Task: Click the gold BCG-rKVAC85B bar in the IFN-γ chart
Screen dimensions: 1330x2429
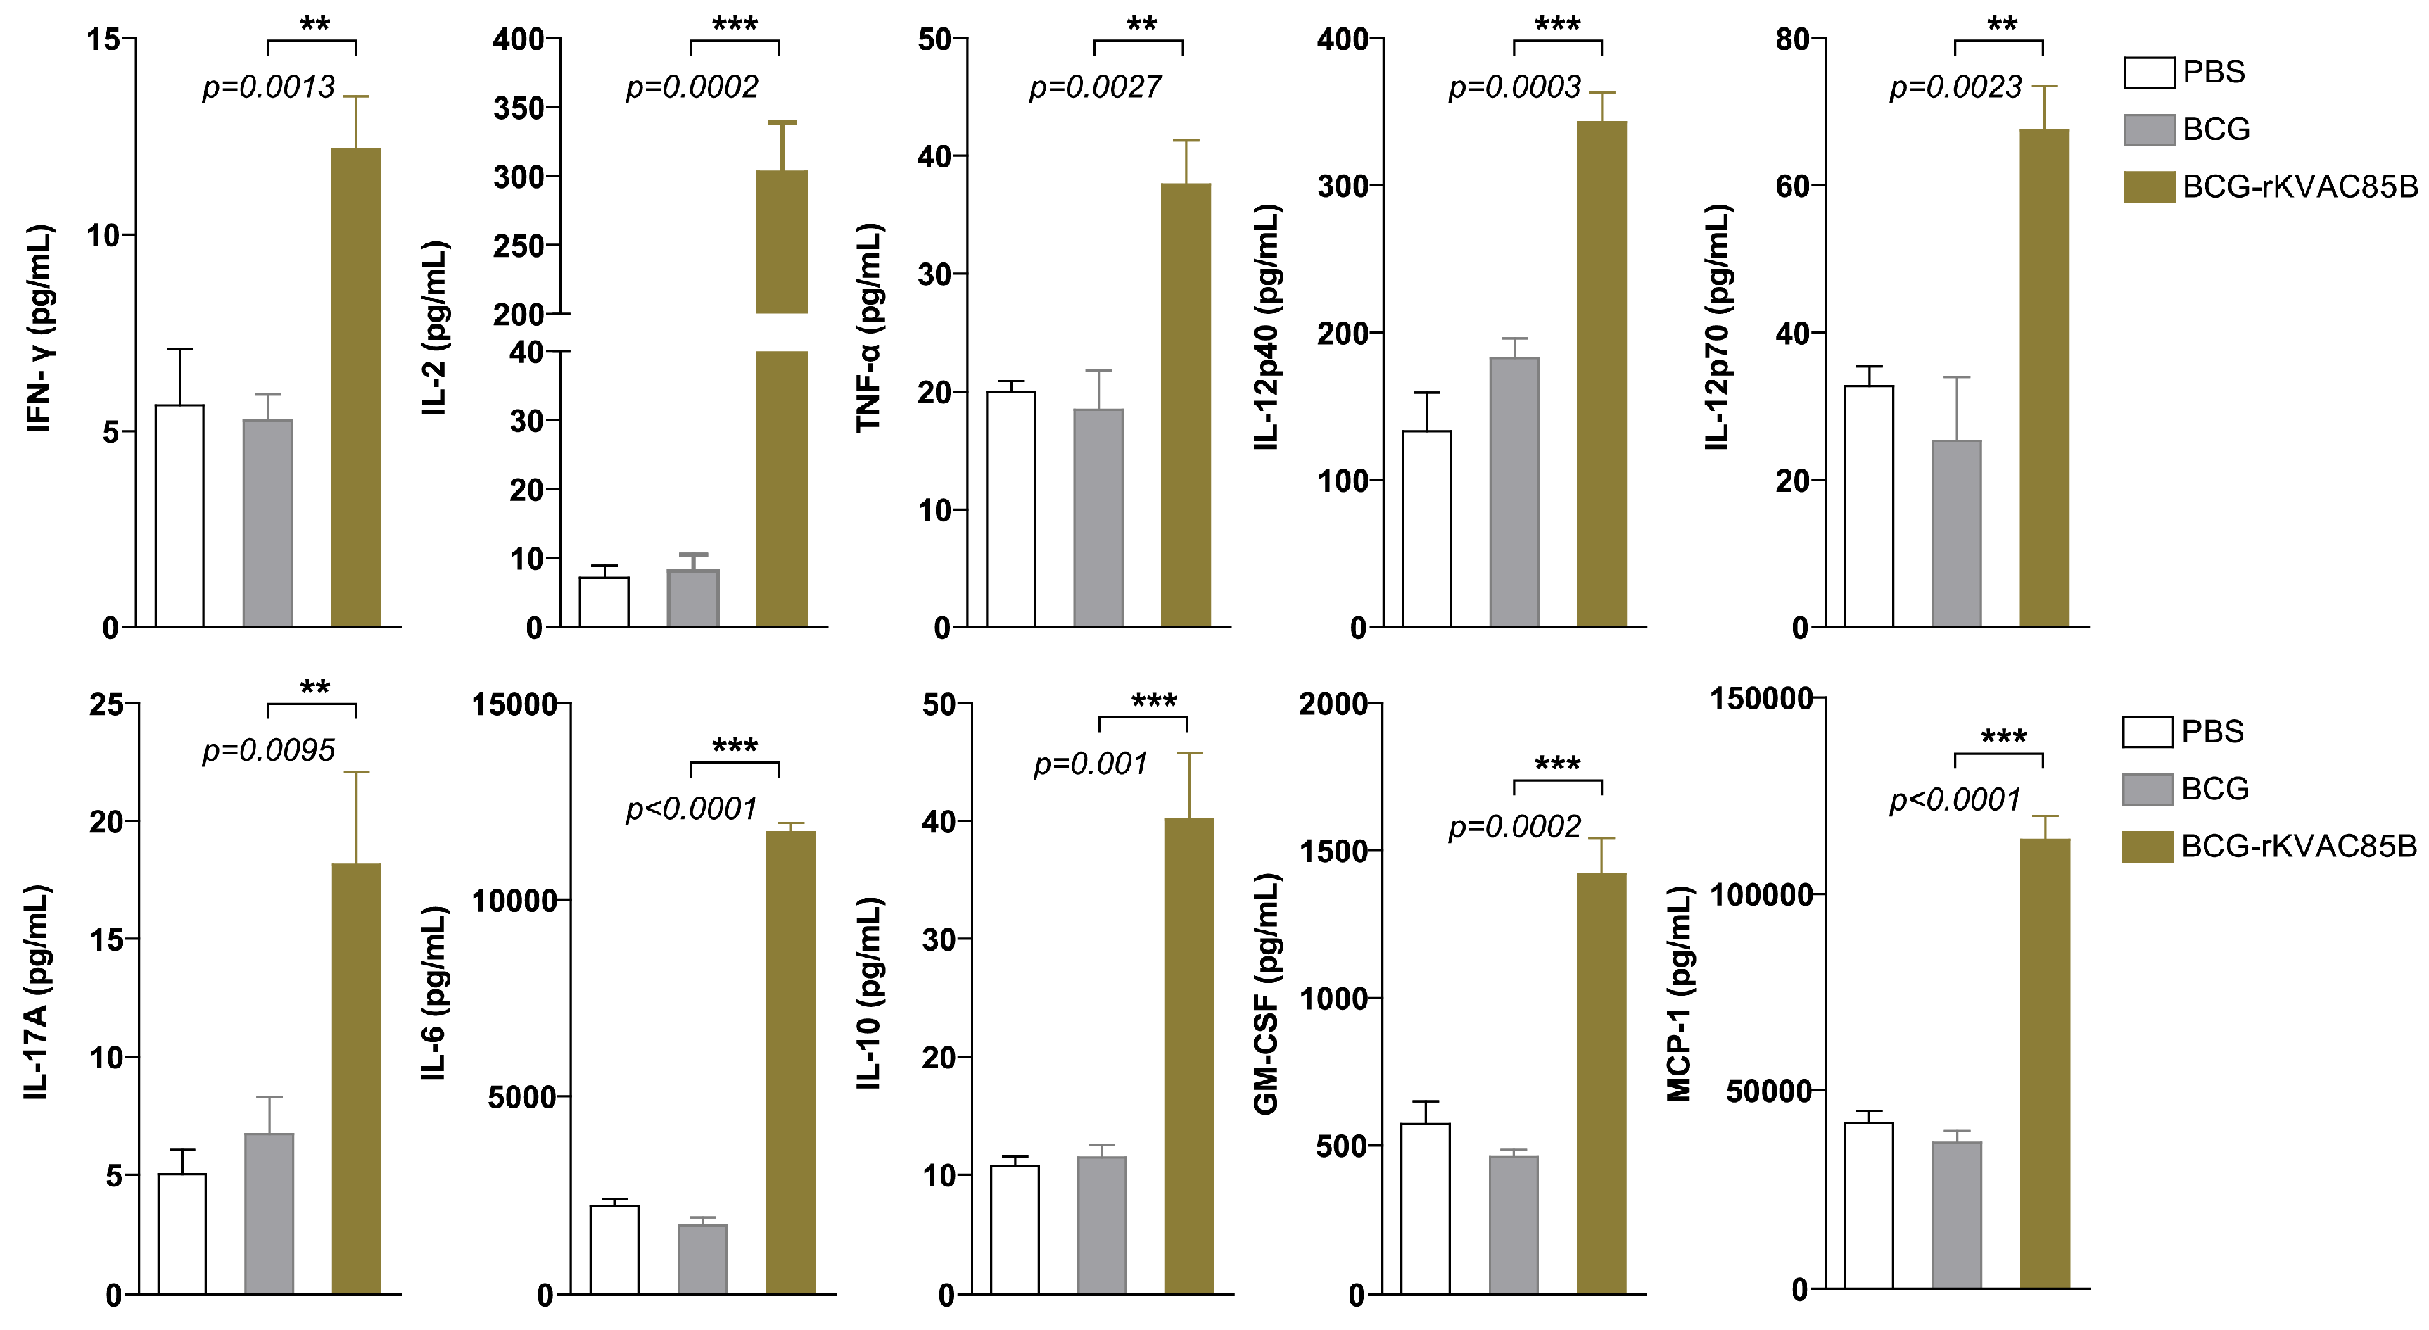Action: (x=355, y=387)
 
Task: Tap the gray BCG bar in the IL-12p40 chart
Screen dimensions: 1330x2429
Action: (x=1514, y=490)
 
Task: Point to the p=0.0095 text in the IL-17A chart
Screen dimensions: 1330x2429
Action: (x=269, y=751)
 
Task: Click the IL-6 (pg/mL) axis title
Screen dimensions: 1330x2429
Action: (x=433, y=992)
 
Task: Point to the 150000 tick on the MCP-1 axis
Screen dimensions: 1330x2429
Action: (x=1761, y=699)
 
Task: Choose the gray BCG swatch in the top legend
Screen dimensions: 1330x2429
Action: (x=2148, y=129)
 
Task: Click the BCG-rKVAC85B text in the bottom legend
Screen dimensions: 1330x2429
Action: (x=2299, y=846)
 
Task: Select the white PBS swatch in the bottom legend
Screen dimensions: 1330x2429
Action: (x=2147, y=732)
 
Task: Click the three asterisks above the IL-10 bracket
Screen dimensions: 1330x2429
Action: (x=1153, y=701)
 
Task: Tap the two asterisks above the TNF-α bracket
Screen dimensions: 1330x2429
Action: (x=1141, y=25)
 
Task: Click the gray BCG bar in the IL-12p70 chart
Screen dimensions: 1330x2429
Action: (x=1957, y=533)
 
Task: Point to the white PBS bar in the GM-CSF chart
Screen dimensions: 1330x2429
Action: (x=1425, y=1208)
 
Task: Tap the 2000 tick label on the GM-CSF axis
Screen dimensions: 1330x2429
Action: (x=1333, y=704)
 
